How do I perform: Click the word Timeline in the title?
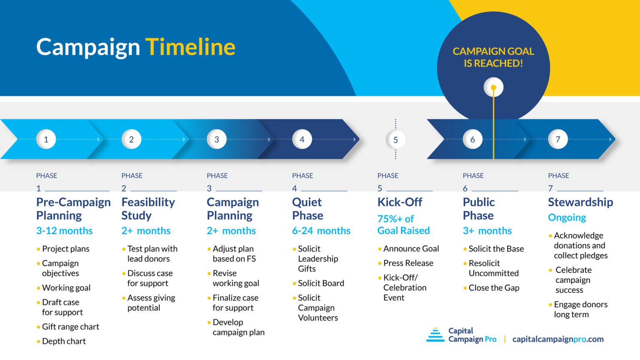[x=190, y=47]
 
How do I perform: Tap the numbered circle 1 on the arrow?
[x=46, y=139]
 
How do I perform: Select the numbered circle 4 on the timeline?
[x=302, y=139]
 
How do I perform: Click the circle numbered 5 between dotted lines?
[x=395, y=140]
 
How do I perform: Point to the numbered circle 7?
[x=558, y=139]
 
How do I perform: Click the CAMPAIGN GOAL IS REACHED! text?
[x=493, y=57]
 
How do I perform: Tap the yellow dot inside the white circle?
[x=493, y=87]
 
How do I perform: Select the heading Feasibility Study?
[x=148, y=209]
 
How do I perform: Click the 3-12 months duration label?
[x=65, y=231]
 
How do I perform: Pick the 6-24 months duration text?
[x=321, y=231]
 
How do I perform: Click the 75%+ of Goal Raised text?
[x=403, y=225]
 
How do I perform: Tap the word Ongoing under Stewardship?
[x=567, y=217]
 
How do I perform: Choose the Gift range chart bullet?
[x=70, y=327]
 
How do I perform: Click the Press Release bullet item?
[x=408, y=263]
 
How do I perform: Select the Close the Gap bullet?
[x=494, y=287]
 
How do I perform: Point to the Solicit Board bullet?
[x=321, y=283]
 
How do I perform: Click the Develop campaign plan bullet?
[x=238, y=327]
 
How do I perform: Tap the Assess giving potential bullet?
[x=151, y=303]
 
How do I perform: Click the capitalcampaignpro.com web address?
[x=558, y=339]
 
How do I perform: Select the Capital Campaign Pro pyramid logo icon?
[x=435, y=335]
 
